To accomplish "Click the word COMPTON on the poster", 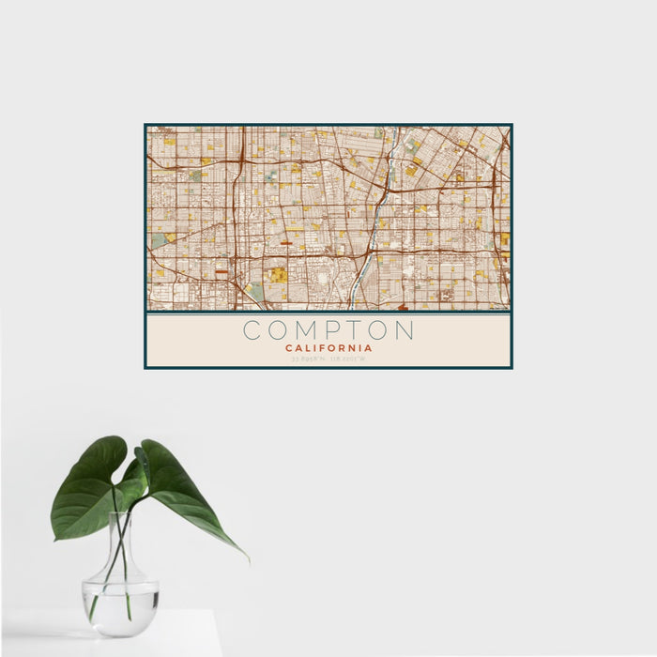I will [x=328, y=330].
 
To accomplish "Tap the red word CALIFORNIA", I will [x=328, y=347].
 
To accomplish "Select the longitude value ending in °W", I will [x=349, y=358].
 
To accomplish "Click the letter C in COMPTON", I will [x=252, y=330].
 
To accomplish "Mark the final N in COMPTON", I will [x=405, y=330].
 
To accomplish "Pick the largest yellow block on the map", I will [x=278, y=275].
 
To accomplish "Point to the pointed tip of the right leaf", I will [x=248, y=559].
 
